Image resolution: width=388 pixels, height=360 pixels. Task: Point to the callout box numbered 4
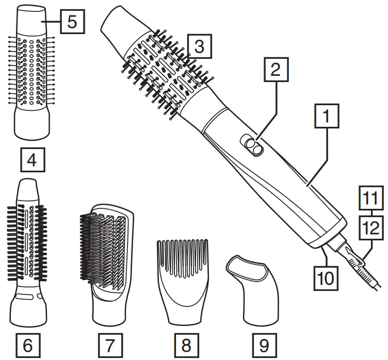point(32,160)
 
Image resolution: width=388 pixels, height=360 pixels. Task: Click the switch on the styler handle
point(253,145)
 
